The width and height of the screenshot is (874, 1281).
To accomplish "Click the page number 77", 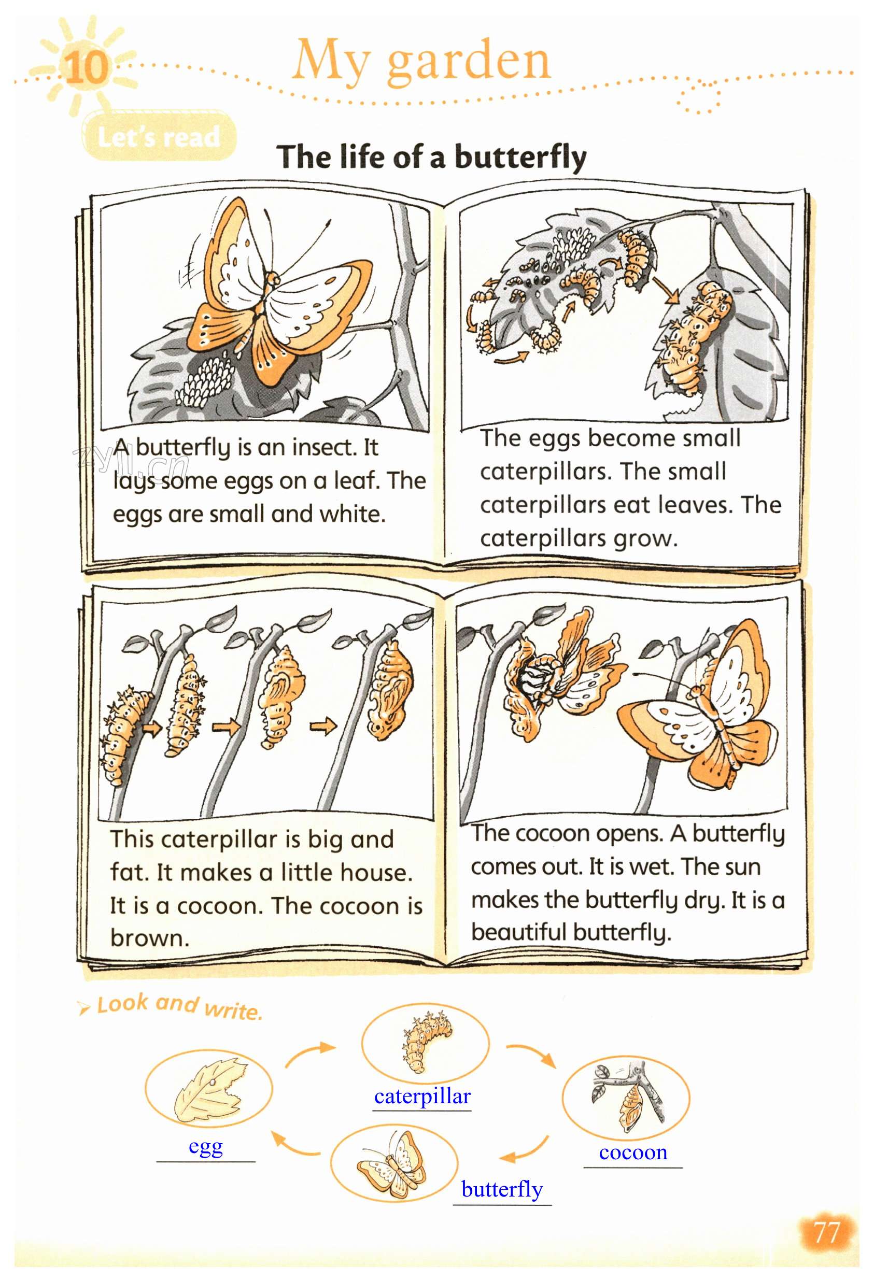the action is [827, 1232].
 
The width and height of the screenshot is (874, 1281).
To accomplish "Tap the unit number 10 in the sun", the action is [87, 67].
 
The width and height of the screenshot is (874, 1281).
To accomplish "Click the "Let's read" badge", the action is [159, 136].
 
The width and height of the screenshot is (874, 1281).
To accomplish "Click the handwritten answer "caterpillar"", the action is [422, 1097].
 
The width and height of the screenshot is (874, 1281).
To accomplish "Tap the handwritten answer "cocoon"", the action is [633, 1151].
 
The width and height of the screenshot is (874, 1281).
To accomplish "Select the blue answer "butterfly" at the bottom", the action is [502, 1189].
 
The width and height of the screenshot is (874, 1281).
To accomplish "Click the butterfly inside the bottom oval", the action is [391, 1165].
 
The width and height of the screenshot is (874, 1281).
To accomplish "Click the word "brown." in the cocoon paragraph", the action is [149, 937].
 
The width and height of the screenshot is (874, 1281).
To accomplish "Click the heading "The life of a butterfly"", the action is [432, 157].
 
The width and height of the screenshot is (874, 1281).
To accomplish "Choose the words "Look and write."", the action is [179, 1006].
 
